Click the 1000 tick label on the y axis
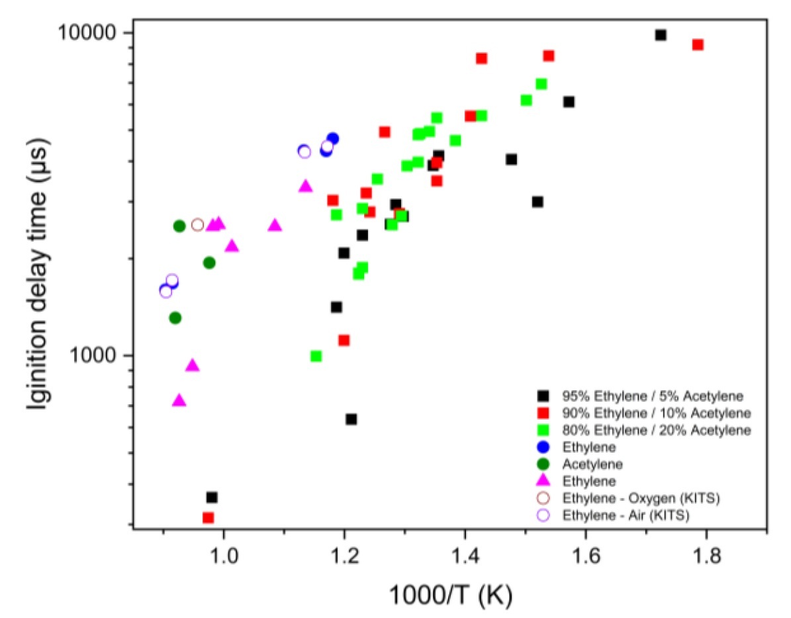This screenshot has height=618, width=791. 97,355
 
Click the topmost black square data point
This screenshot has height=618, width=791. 660,35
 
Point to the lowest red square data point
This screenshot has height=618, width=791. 208,517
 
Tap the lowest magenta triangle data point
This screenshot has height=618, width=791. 179,400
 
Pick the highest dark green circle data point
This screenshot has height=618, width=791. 179,226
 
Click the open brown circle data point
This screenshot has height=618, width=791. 197,225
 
